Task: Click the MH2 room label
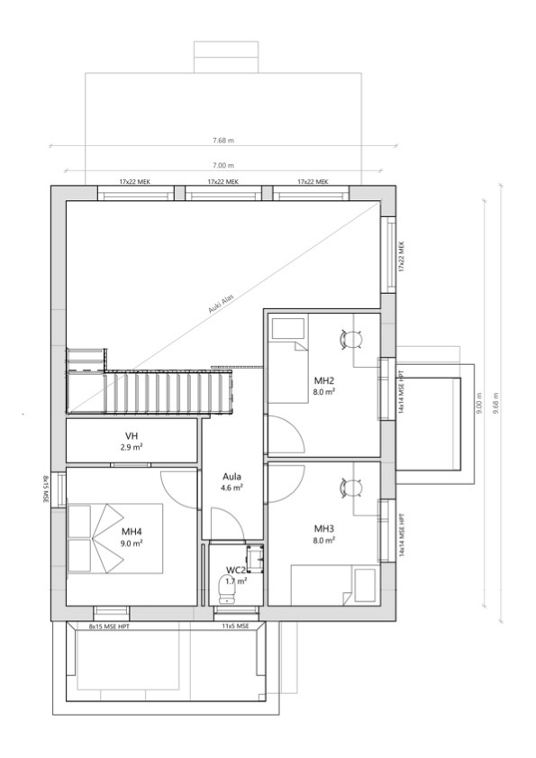pyautogui.click(x=324, y=380)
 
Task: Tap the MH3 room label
pyautogui.click(x=324, y=528)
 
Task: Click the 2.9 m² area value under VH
pyautogui.click(x=132, y=447)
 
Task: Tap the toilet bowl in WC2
pyautogui.click(x=227, y=590)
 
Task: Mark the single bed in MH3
pyautogui.click(x=333, y=585)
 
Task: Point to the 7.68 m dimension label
pyautogui.click(x=223, y=141)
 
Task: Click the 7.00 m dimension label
pyautogui.click(x=223, y=166)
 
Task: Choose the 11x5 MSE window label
pyautogui.click(x=237, y=626)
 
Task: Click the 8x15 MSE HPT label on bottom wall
pyautogui.click(x=109, y=626)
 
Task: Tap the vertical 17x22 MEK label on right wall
pyautogui.click(x=402, y=257)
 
